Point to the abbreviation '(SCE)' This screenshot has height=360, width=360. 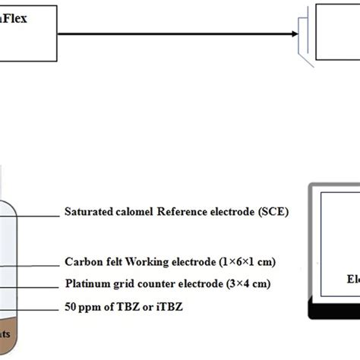tap(270, 214)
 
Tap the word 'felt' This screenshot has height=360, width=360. tap(111, 262)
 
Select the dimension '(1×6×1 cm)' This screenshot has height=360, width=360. tap(244, 262)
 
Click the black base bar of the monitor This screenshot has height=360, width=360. tap(334, 310)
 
